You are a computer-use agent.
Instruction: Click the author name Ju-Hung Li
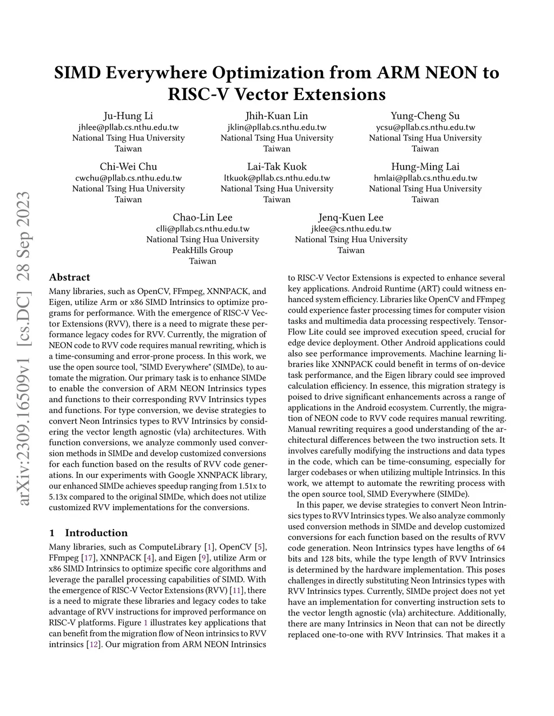point(128,116)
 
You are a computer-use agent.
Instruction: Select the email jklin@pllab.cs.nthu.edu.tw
point(276,127)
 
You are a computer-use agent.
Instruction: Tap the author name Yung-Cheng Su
point(425,116)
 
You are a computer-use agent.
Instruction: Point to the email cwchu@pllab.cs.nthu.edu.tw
point(128,178)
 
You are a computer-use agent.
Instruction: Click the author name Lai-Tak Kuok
point(276,166)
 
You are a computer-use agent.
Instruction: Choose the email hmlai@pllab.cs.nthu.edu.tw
point(425,178)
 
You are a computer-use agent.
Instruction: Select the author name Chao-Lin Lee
point(202,217)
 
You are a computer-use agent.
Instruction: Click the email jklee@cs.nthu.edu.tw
point(351,229)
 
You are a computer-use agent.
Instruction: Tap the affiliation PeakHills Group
point(202,250)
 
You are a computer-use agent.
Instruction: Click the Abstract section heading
point(69,277)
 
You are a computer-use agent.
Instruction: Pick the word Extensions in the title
point(340,94)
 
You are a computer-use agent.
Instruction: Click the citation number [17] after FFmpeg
point(87,558)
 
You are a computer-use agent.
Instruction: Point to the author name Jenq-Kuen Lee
point(351,217)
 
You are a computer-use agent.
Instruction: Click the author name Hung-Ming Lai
point(425,166)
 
